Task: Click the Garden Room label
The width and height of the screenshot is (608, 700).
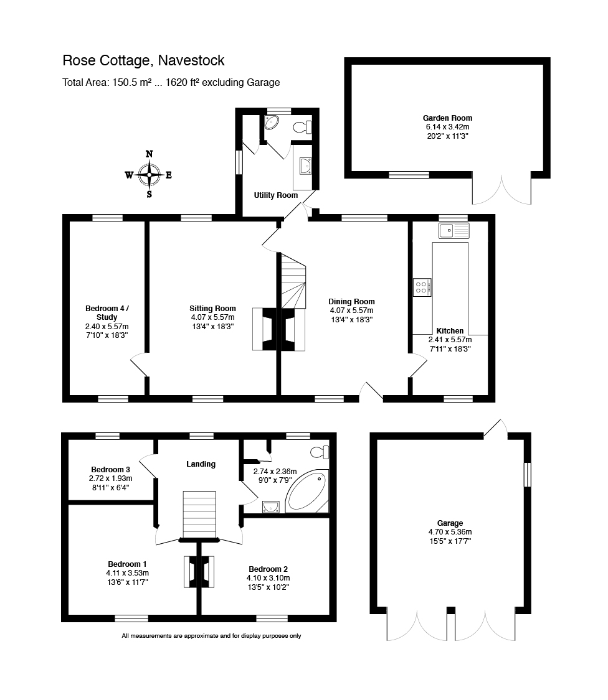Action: (x=447, y=118)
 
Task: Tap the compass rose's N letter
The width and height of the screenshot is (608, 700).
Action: (x=149, y=154)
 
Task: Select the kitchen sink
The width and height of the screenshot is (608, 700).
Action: (x=454, y=231)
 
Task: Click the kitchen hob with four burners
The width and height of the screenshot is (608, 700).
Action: (x=422, y=287)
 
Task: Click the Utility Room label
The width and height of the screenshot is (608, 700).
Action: (x=275, y=195)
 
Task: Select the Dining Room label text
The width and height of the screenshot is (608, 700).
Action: (x=351, y=302)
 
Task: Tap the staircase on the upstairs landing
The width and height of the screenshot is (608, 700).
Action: (x=199, y=514)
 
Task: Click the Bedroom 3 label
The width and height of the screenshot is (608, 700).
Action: (x=110, y=469)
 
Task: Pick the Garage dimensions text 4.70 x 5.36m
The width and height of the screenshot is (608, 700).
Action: (x=450, y=532)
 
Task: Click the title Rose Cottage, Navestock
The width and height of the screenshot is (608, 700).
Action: (x=143, y=60)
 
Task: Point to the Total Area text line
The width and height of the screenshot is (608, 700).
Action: (x=171, y=82)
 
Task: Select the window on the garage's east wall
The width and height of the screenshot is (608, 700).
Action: (x=527, y=474)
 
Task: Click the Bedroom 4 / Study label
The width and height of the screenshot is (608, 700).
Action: (x=107, y=312)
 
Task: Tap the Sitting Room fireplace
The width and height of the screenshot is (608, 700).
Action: (x=263, y=327)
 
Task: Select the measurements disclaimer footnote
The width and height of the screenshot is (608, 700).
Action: (x=211, y=636)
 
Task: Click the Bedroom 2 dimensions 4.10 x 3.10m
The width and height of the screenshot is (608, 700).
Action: (x=268, y=577)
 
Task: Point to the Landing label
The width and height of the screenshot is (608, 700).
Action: (x=201, y=464)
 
